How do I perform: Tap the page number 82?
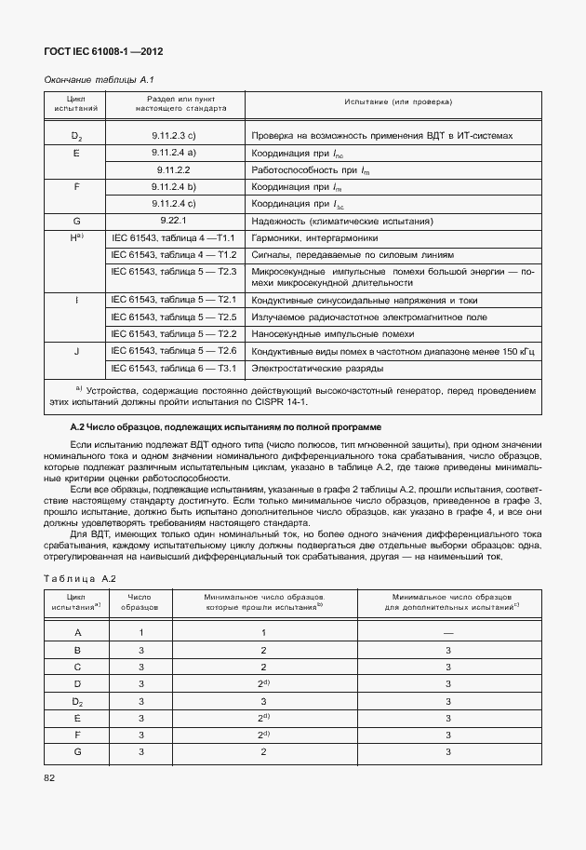(x=51, y=776)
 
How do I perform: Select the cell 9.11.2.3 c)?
(x=174, y=136)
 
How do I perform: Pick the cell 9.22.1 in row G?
(x=174, y=221)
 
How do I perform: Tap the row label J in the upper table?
(x=76, y=351)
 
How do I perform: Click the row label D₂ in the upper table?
(x=76, y=136)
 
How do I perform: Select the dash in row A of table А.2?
(x=448, y=632)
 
